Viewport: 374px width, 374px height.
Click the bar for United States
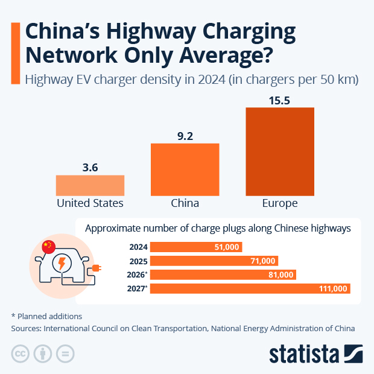point(90,185)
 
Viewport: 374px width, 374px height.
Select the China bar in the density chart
point(185,170)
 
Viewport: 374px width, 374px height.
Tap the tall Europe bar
point(280,151)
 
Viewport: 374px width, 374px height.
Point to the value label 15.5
point(280,101)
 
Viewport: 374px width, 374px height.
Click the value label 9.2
point(185,136)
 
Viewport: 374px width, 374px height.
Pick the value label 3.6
point(90,168)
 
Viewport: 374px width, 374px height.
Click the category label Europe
point(280,203)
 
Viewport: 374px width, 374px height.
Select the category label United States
point(90,203)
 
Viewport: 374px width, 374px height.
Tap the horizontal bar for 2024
point(195,247)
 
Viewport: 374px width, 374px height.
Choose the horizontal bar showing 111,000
point(250,289)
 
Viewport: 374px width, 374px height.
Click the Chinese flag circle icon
point(48,246)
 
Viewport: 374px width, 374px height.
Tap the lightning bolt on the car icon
point(62,264)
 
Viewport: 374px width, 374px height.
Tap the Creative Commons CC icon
point(21,353)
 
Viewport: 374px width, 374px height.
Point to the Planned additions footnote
point(46,316)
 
